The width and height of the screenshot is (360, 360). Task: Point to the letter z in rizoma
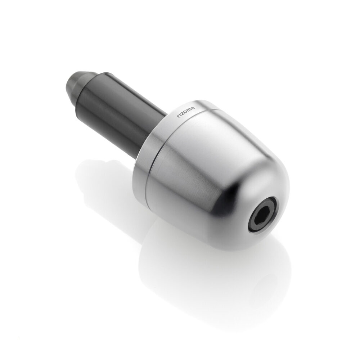[x=183, y=114]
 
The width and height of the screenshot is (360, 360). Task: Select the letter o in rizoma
[x=185, y=113]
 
